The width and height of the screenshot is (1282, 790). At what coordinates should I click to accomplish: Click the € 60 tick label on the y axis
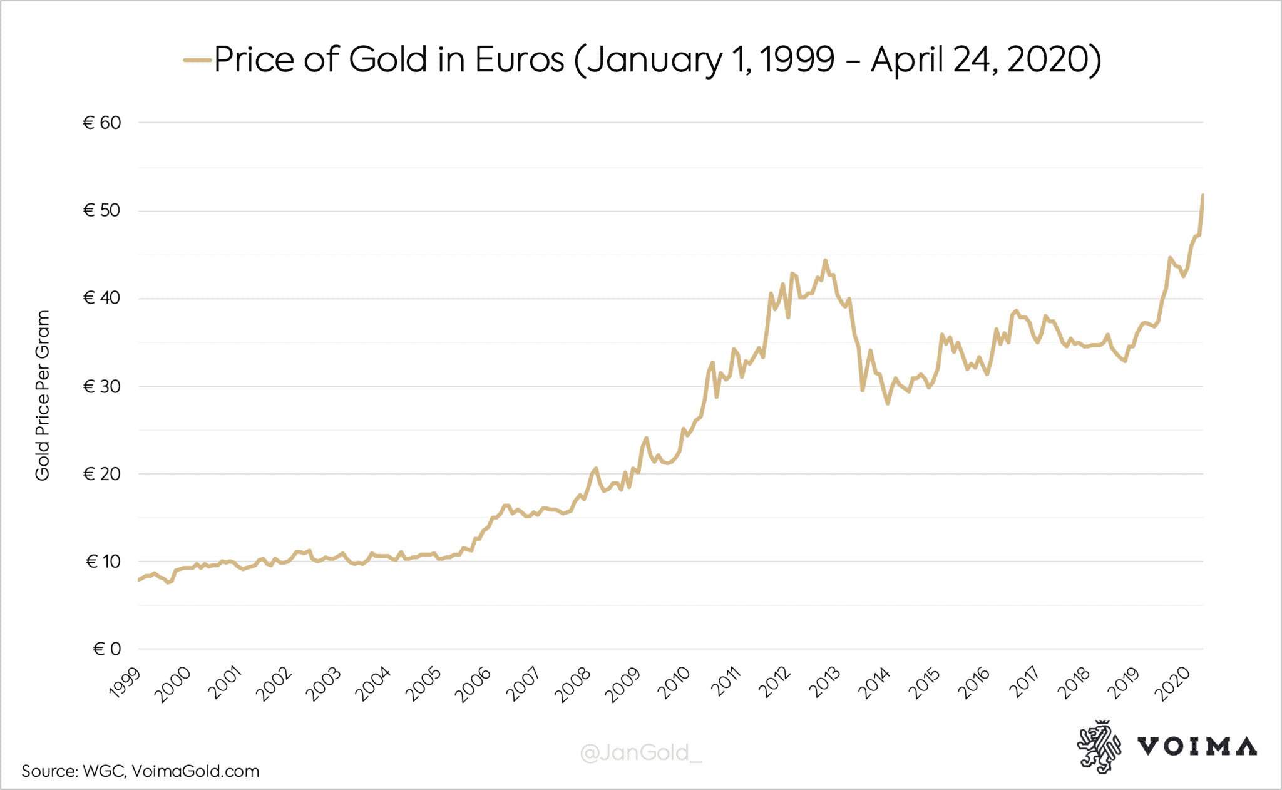pos(102,123)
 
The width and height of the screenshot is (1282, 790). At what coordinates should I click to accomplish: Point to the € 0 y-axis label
pos(106,649)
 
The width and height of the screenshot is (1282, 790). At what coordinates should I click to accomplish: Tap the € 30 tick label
pos(102,386)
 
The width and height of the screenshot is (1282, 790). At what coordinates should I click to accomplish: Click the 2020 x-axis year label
pos(1172,684)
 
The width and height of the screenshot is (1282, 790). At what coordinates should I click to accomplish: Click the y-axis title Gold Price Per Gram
pos(42,396)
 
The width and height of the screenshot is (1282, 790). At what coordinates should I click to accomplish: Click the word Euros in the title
pos(519,60)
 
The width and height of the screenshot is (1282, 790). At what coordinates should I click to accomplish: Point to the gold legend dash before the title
pos(197,60)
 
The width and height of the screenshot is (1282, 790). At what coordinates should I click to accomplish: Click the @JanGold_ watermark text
pos(641,752)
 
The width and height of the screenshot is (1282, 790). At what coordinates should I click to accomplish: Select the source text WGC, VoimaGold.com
pos(170,771)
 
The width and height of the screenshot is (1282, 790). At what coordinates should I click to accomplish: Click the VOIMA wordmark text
pos(1197,747)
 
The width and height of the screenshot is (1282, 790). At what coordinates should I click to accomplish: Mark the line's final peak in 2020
pos(1203,196)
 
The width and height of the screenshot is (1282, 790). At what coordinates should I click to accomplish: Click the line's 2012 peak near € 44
pos(825,260)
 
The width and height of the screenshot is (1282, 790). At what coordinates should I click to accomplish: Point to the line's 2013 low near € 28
pos(888,403)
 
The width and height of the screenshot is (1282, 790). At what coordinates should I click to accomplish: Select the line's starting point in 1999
pos(138,580)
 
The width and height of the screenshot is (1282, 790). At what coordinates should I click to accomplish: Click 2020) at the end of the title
pos(1054,60)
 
